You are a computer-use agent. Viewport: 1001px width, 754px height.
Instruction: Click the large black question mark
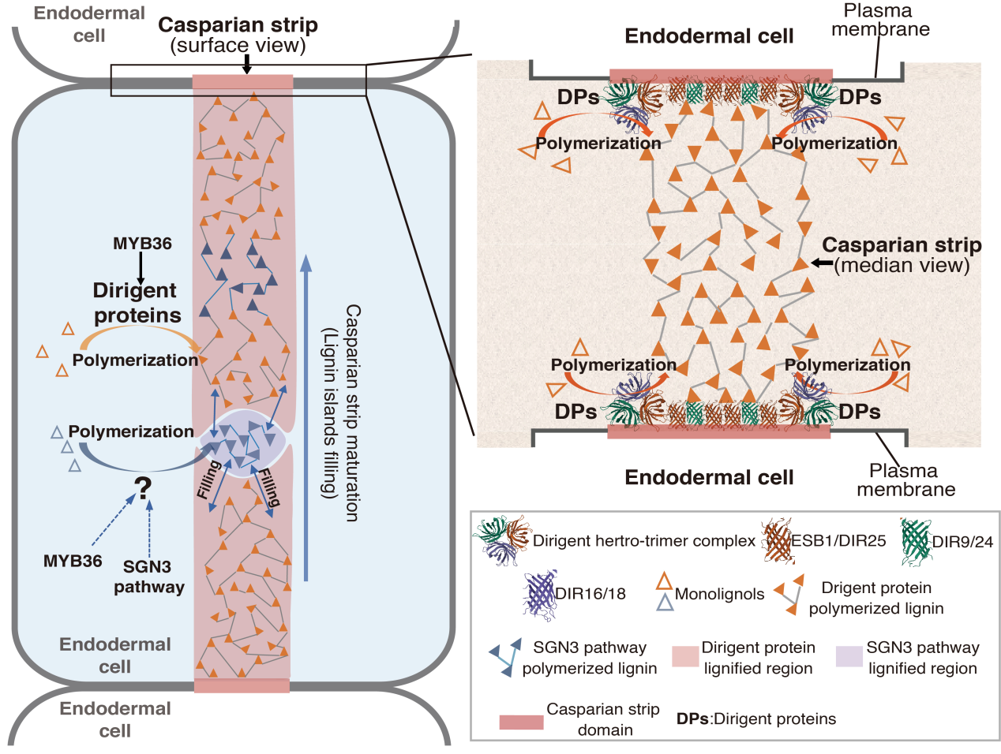143,489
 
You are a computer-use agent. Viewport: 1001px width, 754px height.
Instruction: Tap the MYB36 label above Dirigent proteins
142,244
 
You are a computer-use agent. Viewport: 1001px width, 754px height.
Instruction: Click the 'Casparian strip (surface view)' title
238,35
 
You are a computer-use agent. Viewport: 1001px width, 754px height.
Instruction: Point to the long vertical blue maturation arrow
306,418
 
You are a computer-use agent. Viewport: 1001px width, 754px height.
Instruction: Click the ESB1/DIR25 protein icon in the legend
777,540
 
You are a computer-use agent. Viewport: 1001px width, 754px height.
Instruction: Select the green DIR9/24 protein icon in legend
916,541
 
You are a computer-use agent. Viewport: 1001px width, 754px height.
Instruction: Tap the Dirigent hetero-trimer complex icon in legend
503,540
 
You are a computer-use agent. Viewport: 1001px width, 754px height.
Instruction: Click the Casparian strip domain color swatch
521,722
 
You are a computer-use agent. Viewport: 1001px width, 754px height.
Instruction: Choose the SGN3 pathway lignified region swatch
849,657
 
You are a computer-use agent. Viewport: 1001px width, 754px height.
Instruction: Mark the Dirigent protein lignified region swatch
685,657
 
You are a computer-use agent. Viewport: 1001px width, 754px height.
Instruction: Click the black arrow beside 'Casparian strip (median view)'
822,263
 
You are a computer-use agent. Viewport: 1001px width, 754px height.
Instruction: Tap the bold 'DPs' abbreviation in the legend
692,719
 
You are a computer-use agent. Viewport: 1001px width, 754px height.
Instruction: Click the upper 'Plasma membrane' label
879,21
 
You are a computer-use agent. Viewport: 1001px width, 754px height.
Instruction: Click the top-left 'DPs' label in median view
578,97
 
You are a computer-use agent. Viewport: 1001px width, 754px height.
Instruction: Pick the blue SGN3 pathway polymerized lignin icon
505,656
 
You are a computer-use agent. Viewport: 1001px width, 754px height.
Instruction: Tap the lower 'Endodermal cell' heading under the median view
709,477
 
